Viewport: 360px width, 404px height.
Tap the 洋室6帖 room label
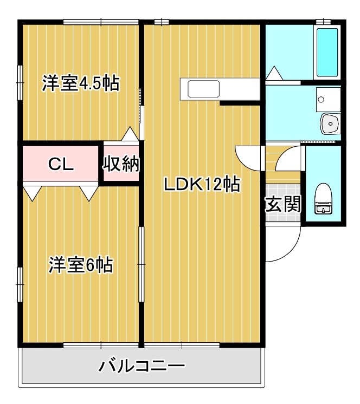[x=81, y=265]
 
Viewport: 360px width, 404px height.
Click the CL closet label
[x=61, y=165]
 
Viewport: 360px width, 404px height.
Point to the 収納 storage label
[x=121, y=164]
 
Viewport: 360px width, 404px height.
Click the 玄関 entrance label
[x=282, y=204]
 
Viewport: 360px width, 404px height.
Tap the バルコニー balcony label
[x=142, y=367]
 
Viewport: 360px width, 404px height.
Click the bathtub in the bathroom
[x=327, y=52]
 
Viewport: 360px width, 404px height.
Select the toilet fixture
[x=324, y=199]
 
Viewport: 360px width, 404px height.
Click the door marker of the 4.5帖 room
[x=130, y=134]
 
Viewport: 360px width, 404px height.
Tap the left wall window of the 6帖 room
[x=20, y=284]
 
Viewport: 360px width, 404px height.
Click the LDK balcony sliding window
[x=182, y=345]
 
